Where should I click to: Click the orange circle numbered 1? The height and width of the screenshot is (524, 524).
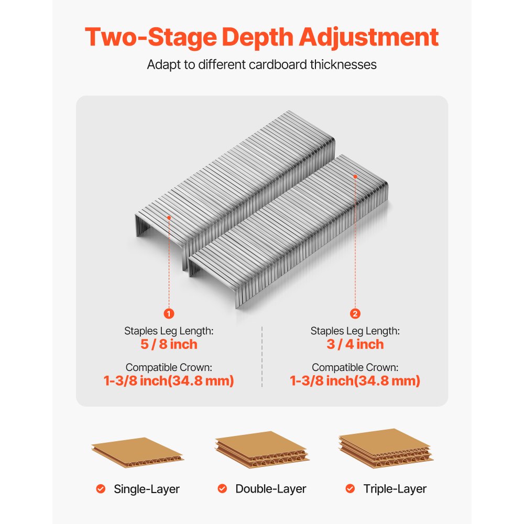pos(169,313)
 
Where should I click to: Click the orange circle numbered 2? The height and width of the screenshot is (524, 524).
pos(355,313)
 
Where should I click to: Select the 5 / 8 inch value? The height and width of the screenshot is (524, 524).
pos(169,344)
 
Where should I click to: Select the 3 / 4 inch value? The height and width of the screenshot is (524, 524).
pos(355,344)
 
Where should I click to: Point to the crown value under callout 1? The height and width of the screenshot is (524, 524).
pos(169,381)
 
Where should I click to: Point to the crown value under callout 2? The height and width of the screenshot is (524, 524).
pos(355,381)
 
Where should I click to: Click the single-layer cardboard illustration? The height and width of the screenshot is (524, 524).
pos(137,452)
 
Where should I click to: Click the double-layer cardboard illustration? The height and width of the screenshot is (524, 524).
pos(262,450)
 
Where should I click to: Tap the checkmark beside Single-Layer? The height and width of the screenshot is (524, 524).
pos(101,489)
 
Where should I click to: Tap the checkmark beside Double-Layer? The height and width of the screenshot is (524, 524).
pos(222,489)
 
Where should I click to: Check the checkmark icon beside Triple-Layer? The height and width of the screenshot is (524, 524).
pos(350,489)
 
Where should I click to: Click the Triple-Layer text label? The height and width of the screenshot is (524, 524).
pos(395,489)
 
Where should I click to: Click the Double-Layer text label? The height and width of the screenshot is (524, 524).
pos(270,489)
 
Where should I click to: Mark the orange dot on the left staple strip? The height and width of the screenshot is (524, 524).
pos(169,216)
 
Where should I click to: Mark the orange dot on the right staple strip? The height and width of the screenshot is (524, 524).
pos(355,176)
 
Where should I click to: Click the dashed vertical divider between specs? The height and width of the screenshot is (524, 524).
pos(262,356)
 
